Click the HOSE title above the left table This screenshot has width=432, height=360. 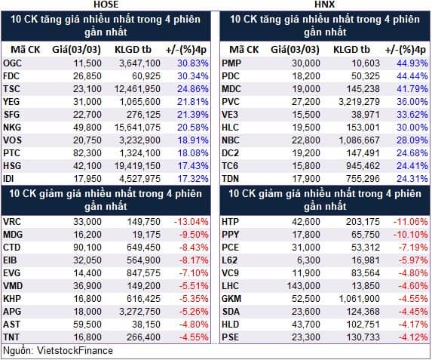pyautogui.click(x=106, y=5)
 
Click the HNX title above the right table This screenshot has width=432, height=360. pyautogui.click(x=325, y=5)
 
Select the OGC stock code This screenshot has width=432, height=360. pyautogui.click(x=12, y=63)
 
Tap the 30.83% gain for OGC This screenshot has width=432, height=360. pyautogui.click(x=192, y=63)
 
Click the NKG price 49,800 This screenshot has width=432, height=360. pyautogui.click(x=87, y=128)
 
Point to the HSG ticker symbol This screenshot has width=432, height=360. pyautogui.click(x=12, y=166)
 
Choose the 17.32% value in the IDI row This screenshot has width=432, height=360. pyautogui.click(x=192, y=179)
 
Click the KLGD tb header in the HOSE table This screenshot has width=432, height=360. pyautogui.click(x=133, y=50)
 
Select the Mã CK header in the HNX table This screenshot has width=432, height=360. pyautogui.click(x=244, y=50)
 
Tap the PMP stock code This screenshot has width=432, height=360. pyautogui.click(x=231, y=63)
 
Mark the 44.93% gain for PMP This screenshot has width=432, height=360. pyautogui.click(x=412, y=63)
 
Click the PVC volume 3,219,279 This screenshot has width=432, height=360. pyautogui.click(x=359, y=102)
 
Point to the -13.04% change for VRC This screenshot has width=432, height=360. pyautogui.click(x=191, y=222)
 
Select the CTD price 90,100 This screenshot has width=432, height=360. pyautogui.click(x=87, y=248)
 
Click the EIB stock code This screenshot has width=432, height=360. pyautogui.click(x=10, y=260)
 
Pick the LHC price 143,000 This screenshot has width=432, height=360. pyautogui.click(x=303, y=286)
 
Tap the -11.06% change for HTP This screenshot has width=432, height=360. pyautogui.click(x=410, y=222)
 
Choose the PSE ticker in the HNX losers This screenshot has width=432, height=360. pyautogui.click(x=231, y=337)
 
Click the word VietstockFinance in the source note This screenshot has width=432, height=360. pyautogui.click(x=75, y=351)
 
